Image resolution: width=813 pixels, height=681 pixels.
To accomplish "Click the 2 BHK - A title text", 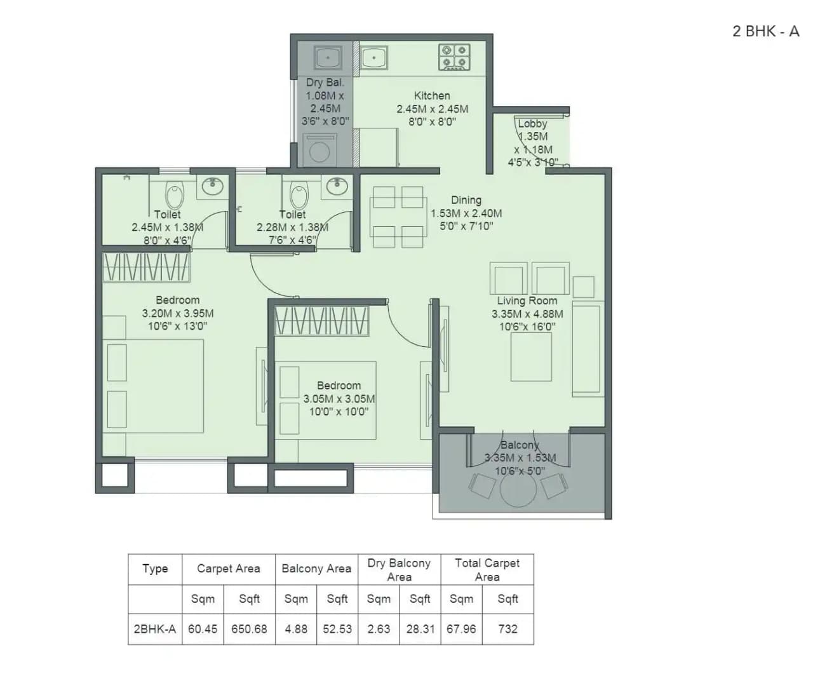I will (x=765, y=31).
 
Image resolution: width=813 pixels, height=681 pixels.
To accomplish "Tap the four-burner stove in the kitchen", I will (x=454, y=57).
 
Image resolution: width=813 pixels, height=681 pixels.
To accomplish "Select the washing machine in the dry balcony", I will (x=319, y=151).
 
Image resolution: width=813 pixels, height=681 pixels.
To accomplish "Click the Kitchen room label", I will (x=432, y=96).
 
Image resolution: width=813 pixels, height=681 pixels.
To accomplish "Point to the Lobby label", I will (x=532, y=124).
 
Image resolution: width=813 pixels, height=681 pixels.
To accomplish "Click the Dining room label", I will (x=466, y=200).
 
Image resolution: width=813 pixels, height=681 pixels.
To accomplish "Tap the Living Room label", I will (x=527, y=300).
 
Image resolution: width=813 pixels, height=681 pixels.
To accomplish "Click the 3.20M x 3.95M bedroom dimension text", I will (x=178, y=313).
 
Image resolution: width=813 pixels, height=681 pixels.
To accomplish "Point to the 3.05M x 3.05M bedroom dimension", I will (x=339, y=399).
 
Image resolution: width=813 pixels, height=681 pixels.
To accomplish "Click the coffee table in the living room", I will (x=531, y=356).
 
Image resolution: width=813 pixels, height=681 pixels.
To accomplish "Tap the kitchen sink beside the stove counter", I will (x=374, y=58).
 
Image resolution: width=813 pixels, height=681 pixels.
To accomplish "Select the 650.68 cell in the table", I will (x=249, y=629).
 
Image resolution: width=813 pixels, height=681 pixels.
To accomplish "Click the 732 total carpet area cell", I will (x=507, y=629).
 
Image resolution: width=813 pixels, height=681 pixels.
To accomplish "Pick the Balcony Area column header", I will (x=316, y=569).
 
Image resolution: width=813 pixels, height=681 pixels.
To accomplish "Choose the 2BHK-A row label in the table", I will (x=154, y=629).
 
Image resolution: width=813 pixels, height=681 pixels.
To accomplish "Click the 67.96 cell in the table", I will (x=461, y=629).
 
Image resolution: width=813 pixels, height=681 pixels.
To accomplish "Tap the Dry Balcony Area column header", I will (x=399, y=569).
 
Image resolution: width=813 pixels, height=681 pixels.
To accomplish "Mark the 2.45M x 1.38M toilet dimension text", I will (x=168, y=227).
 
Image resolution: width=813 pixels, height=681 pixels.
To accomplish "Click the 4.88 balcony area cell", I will (x=296, y=629).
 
